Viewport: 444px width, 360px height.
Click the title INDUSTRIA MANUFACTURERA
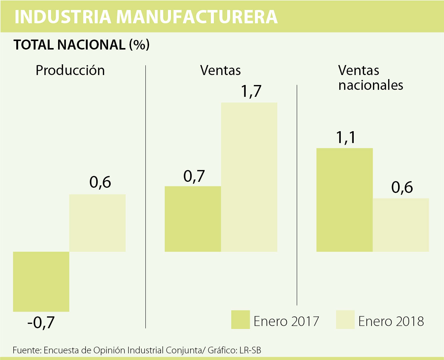146,17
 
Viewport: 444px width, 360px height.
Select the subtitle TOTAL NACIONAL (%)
81,45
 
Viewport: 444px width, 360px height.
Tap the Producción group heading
70,70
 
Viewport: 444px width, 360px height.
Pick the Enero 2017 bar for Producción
41,281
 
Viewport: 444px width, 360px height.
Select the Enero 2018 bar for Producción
98,223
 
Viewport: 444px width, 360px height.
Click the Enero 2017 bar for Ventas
193,219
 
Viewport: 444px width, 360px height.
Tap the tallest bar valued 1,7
249,177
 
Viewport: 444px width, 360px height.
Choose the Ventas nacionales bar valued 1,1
344,200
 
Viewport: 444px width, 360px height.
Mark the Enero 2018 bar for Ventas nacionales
401,225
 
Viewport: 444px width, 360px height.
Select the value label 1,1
346,137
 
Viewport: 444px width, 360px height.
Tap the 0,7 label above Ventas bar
194,176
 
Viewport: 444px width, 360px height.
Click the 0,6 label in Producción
100,183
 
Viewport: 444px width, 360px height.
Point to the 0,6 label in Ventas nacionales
402,188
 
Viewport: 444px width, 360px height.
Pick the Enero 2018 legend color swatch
345,319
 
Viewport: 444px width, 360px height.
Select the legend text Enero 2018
391,321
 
